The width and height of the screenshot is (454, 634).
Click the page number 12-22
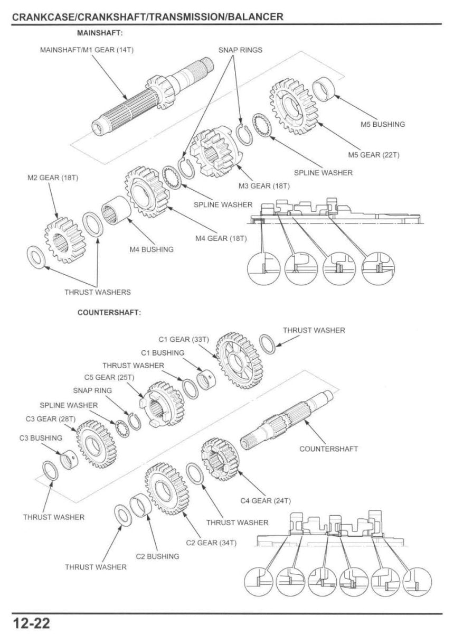point(31,623)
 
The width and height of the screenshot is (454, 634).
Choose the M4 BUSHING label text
point(152,249)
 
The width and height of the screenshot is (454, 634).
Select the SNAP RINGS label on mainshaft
point(240,50)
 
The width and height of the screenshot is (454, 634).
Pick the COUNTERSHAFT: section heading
point(109,312)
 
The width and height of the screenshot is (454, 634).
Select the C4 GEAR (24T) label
point(266,500)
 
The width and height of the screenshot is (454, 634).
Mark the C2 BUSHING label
point(157,556)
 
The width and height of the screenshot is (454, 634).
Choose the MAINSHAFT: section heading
point(100,33)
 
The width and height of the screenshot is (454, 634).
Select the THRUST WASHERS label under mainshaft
point(98,292)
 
